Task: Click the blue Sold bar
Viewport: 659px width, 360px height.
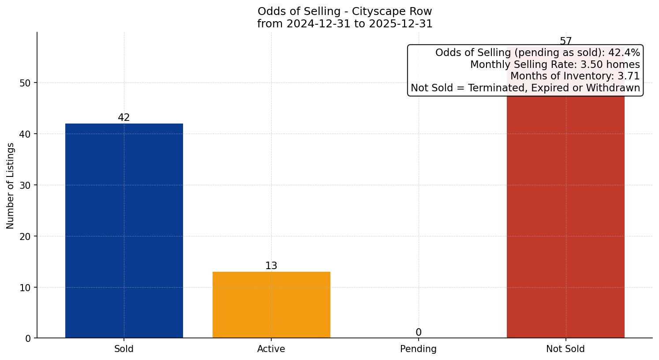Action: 124,231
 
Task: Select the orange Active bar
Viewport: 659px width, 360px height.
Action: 271,305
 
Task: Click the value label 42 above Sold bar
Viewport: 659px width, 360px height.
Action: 124,118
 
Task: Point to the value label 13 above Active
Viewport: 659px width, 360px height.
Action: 271,266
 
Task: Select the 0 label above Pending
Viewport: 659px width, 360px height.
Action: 418,333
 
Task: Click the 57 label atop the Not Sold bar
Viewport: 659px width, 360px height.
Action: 565,41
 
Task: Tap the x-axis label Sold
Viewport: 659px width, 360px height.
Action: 124,349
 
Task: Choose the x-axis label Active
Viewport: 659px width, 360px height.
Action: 271,349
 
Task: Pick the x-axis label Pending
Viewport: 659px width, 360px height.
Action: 418,349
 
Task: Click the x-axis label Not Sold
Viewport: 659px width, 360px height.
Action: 565,349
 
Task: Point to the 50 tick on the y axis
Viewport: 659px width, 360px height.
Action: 25,83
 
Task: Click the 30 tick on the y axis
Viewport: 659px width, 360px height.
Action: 25,185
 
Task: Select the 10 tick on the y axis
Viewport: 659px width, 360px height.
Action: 25,288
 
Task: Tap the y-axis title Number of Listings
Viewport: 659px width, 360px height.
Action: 10,186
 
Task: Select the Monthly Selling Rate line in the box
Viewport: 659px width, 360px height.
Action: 555,64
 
